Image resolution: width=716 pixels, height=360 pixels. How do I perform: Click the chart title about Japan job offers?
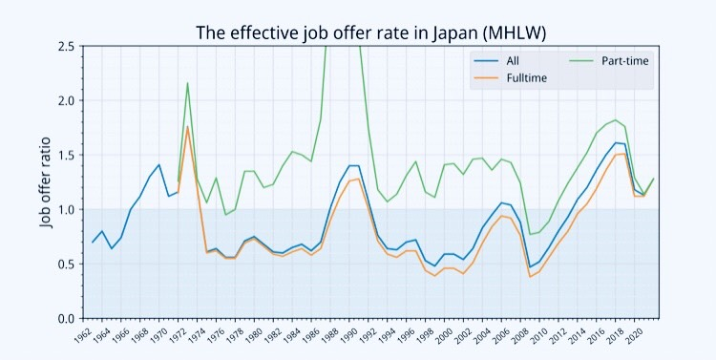(x=357, y=32)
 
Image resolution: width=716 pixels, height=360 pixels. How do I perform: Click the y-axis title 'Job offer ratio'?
(x=45, y=181)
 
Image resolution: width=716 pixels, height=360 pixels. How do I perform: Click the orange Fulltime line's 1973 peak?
(x=187, y=126)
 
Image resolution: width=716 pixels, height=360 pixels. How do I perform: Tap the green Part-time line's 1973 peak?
(x=187, y=82)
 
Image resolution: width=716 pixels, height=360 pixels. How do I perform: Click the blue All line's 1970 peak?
(x=158, y=165)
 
